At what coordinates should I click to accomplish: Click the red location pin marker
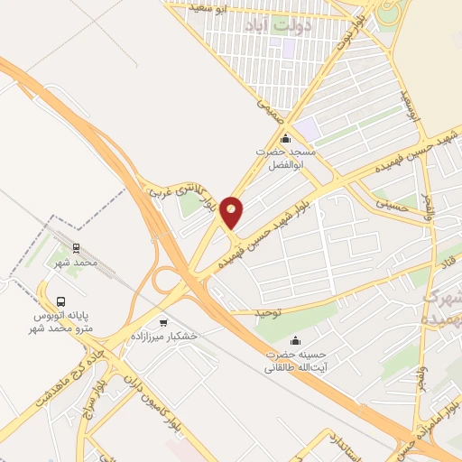[x=232, y=212]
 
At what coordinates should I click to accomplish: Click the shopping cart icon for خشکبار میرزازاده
[x=162, y=321]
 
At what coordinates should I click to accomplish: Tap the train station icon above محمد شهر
[x=76, y=245]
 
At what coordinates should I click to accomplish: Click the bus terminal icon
[x=60, y=301]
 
